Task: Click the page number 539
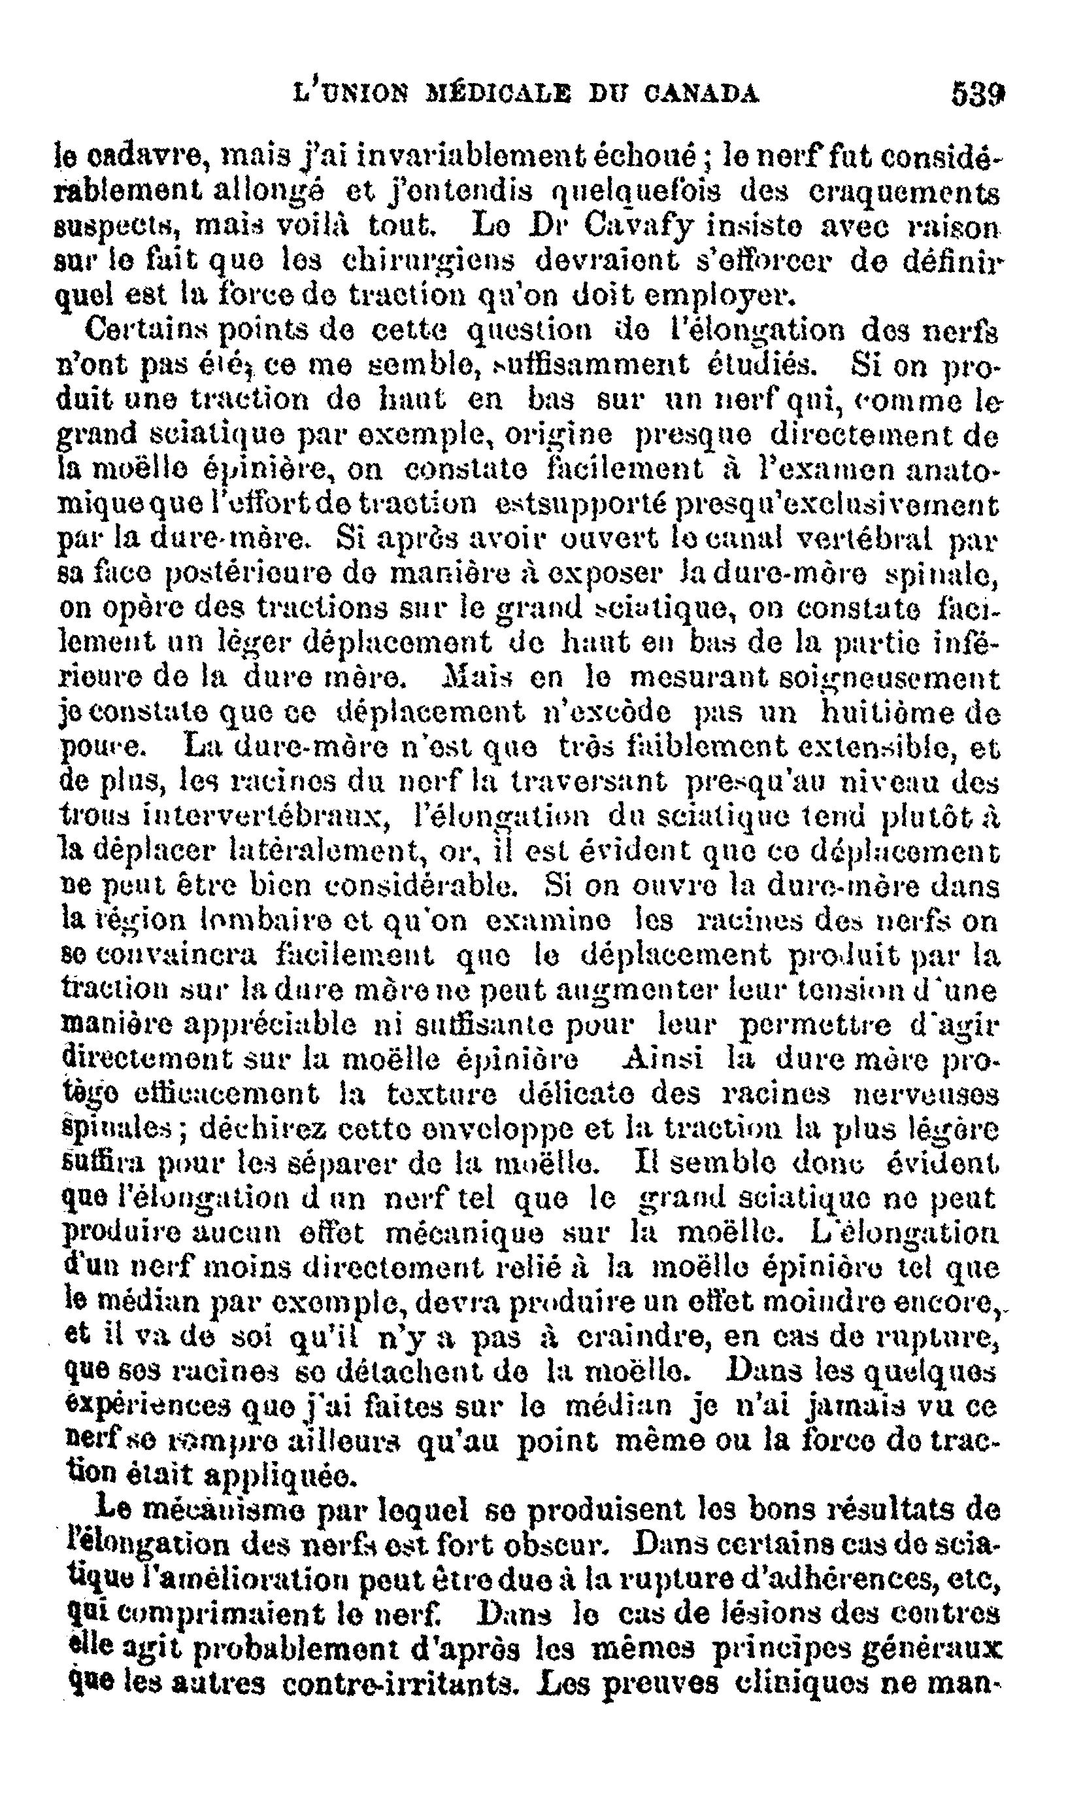pos(977,94)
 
